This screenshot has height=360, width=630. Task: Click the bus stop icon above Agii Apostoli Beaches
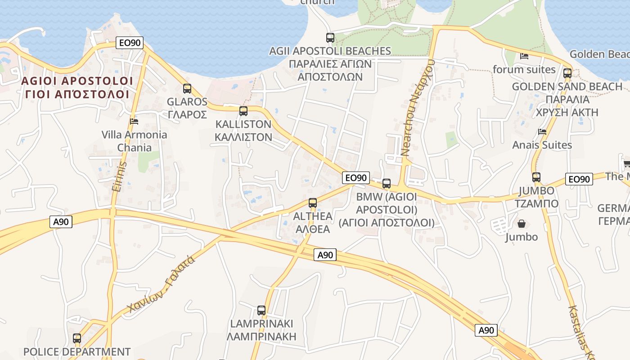point(330,38)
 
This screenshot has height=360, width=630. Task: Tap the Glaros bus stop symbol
point(187,89)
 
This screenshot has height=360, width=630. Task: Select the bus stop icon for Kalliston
point(243,111)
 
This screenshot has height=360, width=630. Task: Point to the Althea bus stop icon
point(313,203)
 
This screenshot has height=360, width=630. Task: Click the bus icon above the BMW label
point(387,183)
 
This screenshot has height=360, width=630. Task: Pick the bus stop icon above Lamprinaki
point(261,310)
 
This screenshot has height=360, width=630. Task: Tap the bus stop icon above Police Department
point(77,338)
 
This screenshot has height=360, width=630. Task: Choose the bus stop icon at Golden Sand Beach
point(567,73)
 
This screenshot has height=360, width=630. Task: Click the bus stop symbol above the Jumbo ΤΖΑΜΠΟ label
point(536,177)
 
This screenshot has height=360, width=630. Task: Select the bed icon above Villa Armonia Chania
point(134,121)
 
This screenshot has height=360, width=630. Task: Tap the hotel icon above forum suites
point(524,56)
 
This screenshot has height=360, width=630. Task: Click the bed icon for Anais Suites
point(542,132)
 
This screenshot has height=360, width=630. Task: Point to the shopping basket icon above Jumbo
point(522,224)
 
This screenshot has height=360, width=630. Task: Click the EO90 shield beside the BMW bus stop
point(355,178)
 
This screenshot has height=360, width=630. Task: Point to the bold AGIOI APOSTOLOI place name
point(77,81)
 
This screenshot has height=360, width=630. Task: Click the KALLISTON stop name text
point(243,124)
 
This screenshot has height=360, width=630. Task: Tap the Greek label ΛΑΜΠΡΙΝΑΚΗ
point(261,336)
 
